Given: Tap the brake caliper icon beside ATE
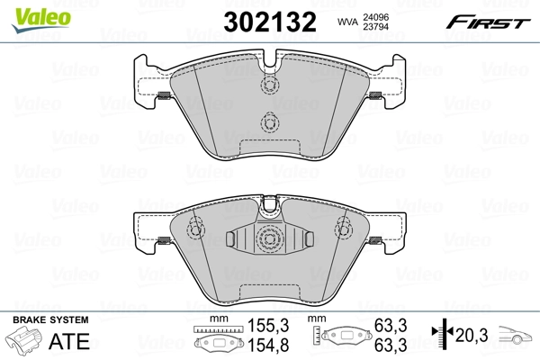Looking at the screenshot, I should (x=26, y=344).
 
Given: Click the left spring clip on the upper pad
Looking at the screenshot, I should (x=165, y=97).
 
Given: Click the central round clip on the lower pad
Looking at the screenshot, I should (x=268, y=238).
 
